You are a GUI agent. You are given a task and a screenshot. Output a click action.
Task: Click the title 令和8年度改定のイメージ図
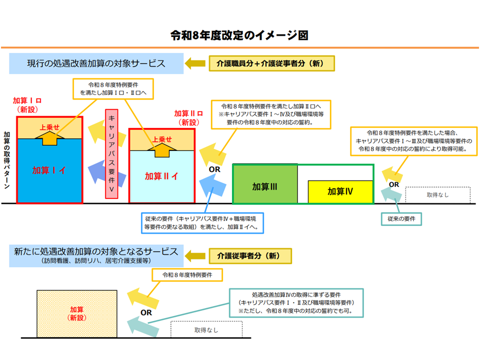(239, 35)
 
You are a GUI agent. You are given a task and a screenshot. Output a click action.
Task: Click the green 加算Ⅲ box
(265, 186)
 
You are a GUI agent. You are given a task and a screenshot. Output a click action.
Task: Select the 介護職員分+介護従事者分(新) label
(272, 63)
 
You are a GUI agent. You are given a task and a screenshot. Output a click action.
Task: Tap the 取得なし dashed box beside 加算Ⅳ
(437, 195)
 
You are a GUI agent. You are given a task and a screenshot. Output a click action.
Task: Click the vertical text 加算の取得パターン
(7, 159)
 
